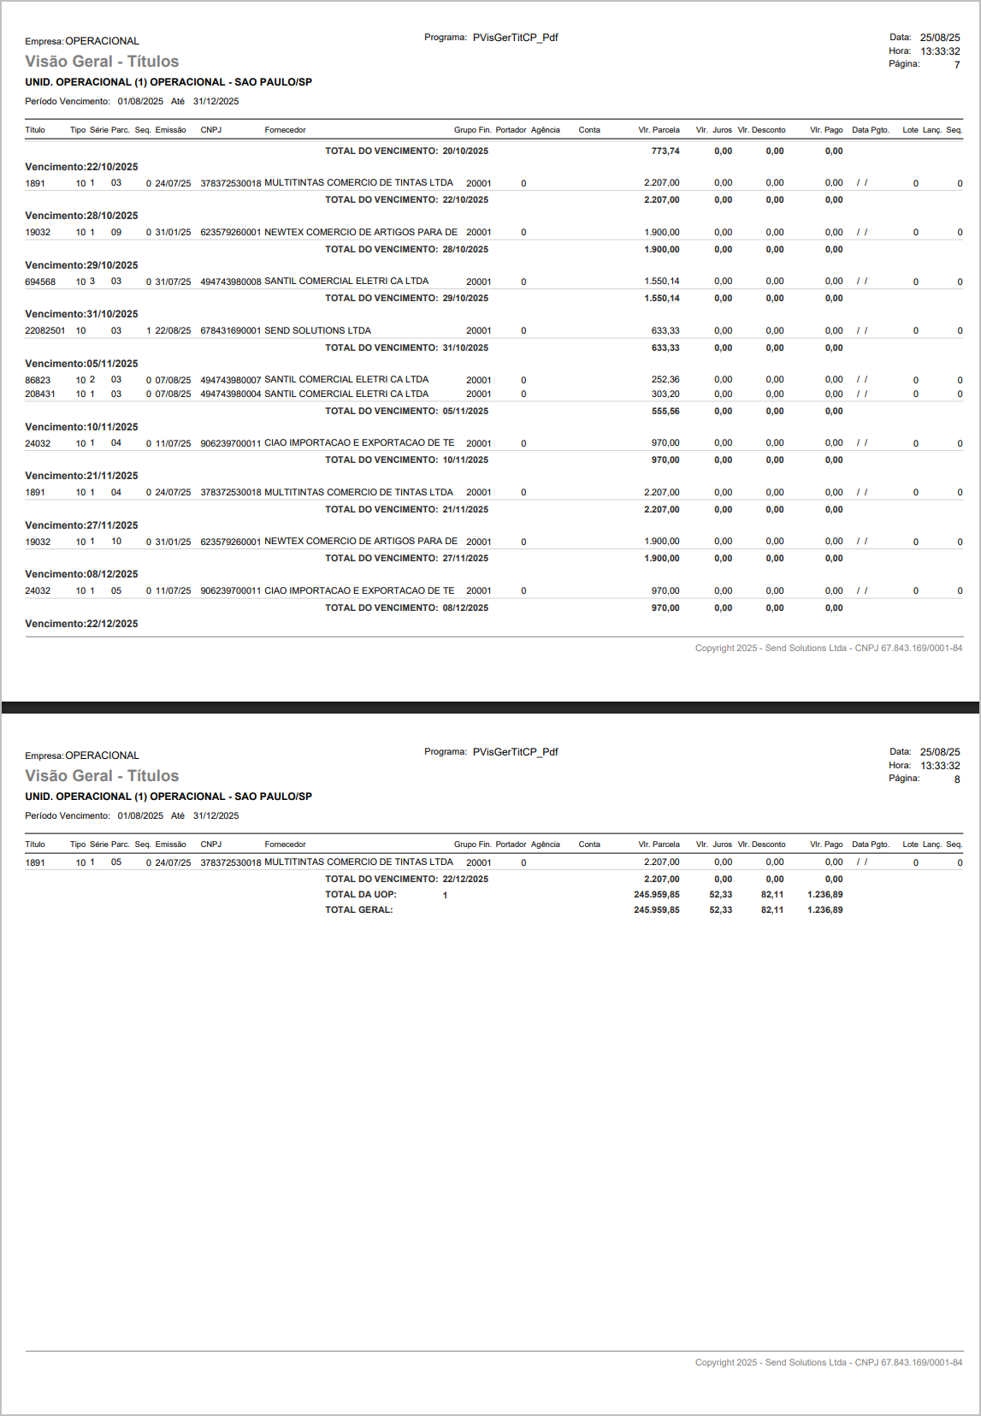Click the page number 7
[956, 65]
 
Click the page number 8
[956, 779]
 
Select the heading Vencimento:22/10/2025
[81, 167]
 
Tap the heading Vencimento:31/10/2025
[81, 314]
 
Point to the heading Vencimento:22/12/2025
[81, 624]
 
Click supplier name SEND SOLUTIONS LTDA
[317, 330]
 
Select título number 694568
[40, 281]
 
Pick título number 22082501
[44, 330]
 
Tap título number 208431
[40, 394]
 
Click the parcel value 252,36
[665, 380]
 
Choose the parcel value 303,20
[665, 394]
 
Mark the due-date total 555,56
[665, 412]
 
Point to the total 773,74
[665, 151]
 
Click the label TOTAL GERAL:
[358, 910]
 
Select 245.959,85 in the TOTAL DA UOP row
[657, 895]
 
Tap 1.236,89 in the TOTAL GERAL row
[825, 910]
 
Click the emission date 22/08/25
[173, 330]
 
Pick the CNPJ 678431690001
[230, 330]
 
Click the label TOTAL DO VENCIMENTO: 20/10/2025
[406, 151]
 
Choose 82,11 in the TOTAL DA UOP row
[772, 895]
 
